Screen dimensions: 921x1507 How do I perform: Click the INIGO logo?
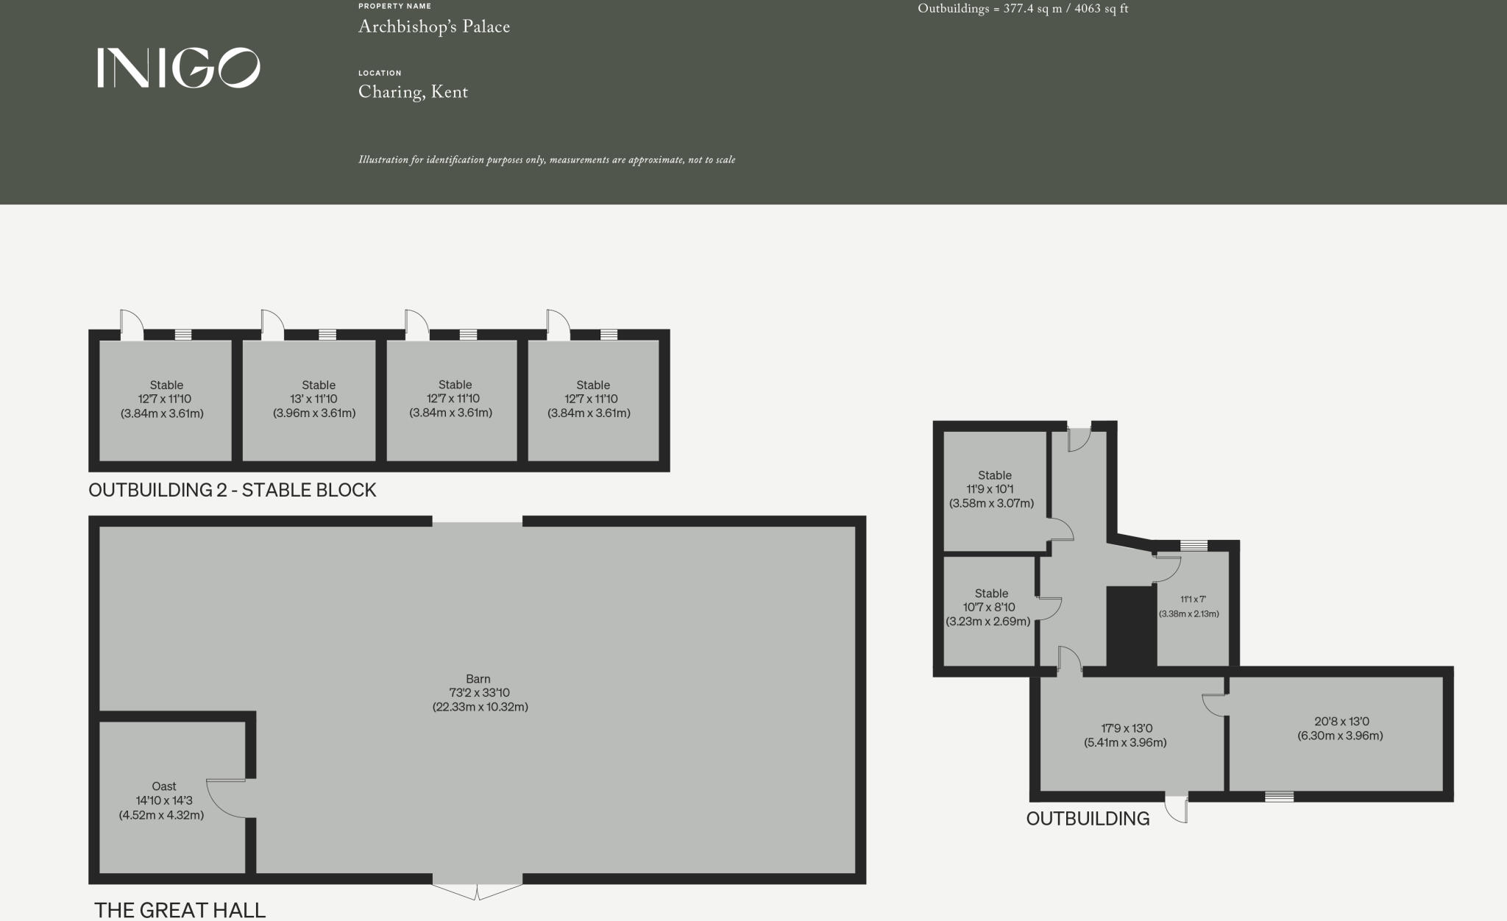point(178,68)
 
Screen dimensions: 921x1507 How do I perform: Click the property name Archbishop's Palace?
point(433,27)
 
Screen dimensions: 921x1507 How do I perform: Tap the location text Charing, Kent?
point(413,92)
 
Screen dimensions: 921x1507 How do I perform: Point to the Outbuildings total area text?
point(1022,9)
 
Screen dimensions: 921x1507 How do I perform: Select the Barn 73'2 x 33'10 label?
point(479,693)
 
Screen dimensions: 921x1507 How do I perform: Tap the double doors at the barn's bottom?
point(478,890)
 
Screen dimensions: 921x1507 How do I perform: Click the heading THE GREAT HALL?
point(180,910)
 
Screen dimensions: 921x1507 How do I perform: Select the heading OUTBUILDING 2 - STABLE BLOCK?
point(232,490)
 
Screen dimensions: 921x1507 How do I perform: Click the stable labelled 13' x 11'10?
point(316,399)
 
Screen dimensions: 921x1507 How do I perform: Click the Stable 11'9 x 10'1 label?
point(993,489)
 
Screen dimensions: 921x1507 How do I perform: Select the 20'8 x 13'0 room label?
point(1340,728)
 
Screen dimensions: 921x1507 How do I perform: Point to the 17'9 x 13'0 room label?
point(1124,735)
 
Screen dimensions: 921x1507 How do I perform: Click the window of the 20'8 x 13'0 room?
point(1279,796)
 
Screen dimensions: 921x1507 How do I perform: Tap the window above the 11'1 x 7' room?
point(1194,545)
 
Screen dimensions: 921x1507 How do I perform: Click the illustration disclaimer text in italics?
point(546,160)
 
